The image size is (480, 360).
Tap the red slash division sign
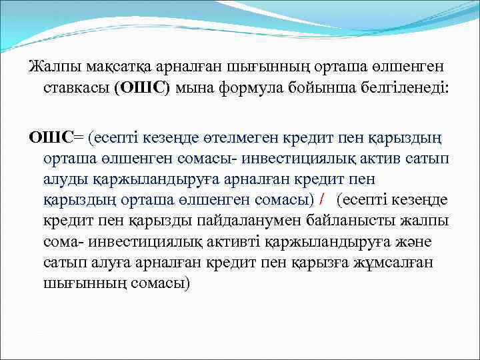(x=323, y=200)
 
